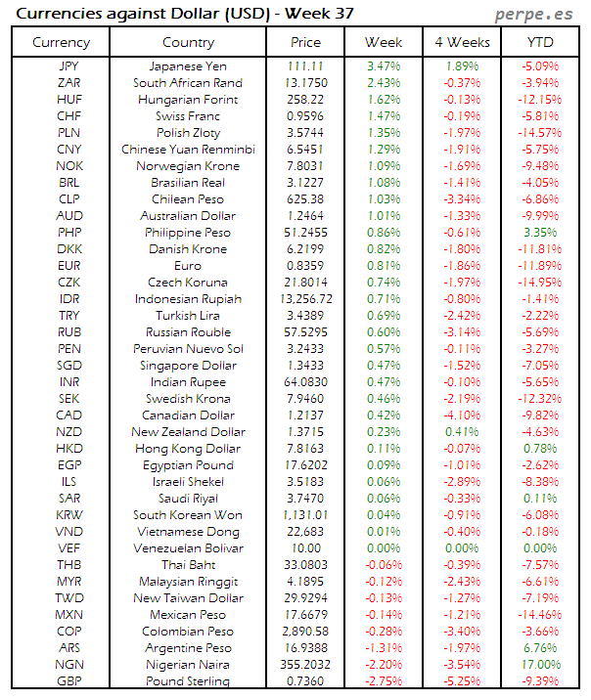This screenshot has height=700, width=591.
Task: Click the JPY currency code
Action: (x=69, y=66)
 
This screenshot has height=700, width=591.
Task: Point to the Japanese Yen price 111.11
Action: (x=305, y=66)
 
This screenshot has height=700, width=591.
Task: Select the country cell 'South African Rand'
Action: (x=188, y=83)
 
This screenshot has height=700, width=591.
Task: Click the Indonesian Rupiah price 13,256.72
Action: (x=305, y=299)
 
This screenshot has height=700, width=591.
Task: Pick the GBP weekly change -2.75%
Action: (x=383, y=681)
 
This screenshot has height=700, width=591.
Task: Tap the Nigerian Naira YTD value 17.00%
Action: (x=539, y=665)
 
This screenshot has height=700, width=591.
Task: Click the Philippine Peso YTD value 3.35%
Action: (x=539, y=233)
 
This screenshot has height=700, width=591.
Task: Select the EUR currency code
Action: (x=69, y=266)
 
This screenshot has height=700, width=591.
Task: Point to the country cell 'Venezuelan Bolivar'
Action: (x=188, y=548)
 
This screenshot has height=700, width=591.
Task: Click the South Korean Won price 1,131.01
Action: (x=305, y=515)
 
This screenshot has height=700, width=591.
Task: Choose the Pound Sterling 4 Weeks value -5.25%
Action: (x=461, y=681)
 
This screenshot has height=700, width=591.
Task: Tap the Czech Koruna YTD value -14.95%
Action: (x=539, y=283)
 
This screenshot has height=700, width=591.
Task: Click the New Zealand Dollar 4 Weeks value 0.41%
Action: (x=461, y=432)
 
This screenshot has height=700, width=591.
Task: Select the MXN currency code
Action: (x=69, y=615)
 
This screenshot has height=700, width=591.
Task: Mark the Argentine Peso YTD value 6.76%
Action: (x=539, y=648)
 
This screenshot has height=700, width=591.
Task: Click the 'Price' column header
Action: (x=305, y=42)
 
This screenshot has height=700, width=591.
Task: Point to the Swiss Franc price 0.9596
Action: (x=305, y=116)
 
